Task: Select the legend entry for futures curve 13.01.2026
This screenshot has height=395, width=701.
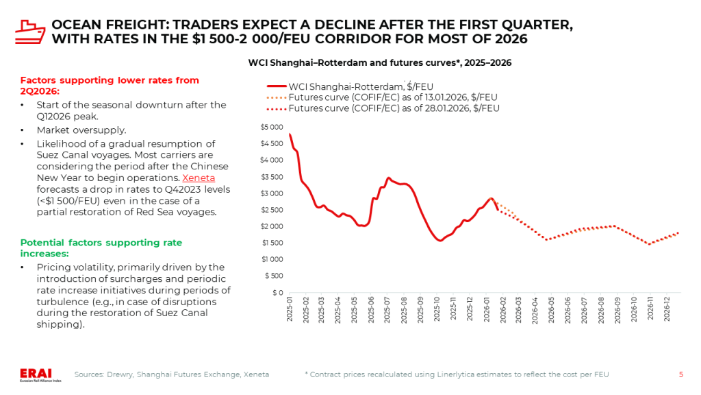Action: tap(393, 97)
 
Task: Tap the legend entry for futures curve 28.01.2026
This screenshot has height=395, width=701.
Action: tap(394, 108)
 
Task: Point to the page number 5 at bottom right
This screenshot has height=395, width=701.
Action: tap(680, 374)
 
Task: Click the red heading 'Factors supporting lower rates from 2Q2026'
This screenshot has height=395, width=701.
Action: tap(110, 85)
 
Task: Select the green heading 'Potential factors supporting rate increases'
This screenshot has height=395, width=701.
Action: tap(101, 248)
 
